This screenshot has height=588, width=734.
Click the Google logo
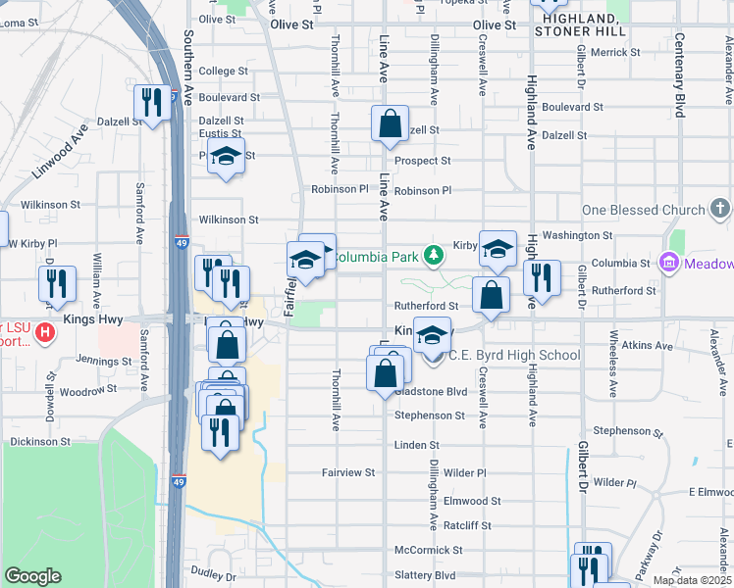(x=32, y=576)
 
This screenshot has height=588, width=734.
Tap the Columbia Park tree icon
(x=433, y=257)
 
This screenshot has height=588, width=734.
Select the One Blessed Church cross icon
(x=720, y=209)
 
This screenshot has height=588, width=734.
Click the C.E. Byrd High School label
(x=514, y=355)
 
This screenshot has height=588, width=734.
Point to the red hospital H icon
(x=43, y=333)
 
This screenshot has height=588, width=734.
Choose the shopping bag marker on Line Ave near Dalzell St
(x=390, y=124)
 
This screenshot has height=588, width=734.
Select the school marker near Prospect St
(x=227, y=158)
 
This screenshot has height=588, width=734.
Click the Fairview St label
(x=348, y=472)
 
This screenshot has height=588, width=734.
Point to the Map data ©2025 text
(x=693, y=580)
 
